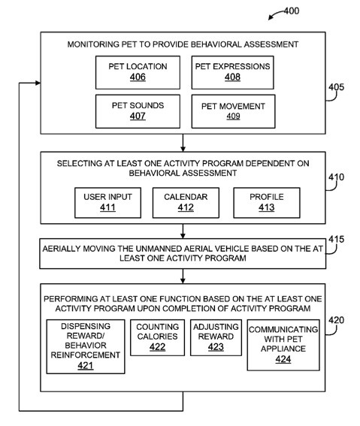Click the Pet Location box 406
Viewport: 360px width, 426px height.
point(138,73)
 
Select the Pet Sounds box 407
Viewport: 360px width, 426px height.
point(138,111)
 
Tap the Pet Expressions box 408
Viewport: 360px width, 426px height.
point(232,73)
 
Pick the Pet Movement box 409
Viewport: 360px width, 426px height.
point(234,111)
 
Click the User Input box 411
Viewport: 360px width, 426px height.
point(108,203)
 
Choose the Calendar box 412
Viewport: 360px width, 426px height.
point(186,203)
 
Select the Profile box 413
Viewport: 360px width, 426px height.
point(267,203)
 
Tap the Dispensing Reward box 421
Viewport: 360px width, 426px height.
point(86,346)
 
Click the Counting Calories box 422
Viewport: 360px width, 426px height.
point(157,337)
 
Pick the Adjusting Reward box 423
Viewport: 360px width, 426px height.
point(216,337)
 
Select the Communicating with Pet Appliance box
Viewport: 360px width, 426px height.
point(283,345)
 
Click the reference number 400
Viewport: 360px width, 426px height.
point(292,11)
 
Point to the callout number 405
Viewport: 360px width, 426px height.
point(337,87)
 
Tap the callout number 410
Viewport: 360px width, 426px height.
point(337,177)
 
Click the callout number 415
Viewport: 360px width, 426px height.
point(337,240)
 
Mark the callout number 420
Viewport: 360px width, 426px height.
point(337,320)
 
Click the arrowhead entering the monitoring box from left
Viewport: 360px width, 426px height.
point(38,83)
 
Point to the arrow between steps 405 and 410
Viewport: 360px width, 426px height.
point(183,143)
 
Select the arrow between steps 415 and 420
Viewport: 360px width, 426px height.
point(183,276)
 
